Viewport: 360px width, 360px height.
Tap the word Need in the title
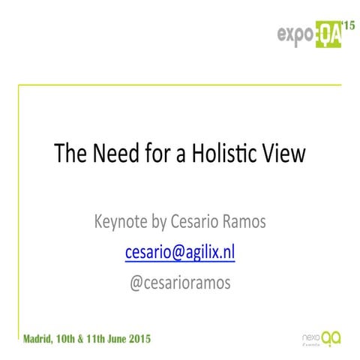tap(106, 154)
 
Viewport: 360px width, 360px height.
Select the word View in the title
tap(282, 154)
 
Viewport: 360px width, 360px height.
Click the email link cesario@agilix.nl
tap(180, 253)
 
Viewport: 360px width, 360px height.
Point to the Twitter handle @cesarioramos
tap(180, 283)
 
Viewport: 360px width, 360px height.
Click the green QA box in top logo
tap(327, 34)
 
